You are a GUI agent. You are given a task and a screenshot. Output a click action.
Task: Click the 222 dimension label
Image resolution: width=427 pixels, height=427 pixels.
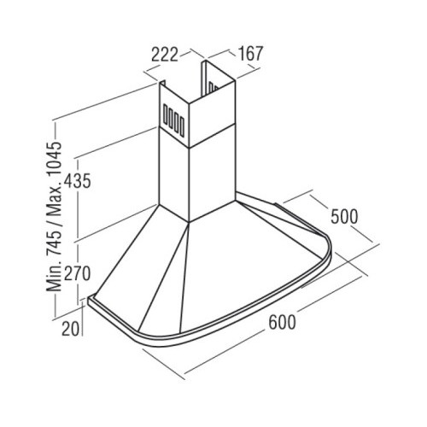click(165, 55)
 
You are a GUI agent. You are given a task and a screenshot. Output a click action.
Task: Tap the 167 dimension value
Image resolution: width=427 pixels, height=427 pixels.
click(250, 53)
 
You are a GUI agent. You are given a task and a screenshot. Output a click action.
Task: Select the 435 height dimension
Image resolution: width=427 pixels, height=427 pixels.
click(77, 181)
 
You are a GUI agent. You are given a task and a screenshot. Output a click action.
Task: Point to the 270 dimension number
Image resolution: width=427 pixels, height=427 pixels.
click(77, 273)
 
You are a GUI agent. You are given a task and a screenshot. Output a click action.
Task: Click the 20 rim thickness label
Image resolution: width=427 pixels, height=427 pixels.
click(71, 329)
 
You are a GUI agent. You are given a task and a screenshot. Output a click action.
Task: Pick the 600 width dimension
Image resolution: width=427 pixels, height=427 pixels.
click(283, 322)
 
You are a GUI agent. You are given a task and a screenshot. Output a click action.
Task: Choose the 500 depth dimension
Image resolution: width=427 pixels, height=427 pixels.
click(344, 217)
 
